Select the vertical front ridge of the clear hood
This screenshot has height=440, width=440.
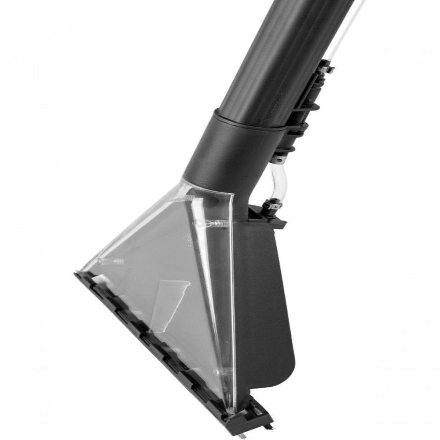(227, 286)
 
